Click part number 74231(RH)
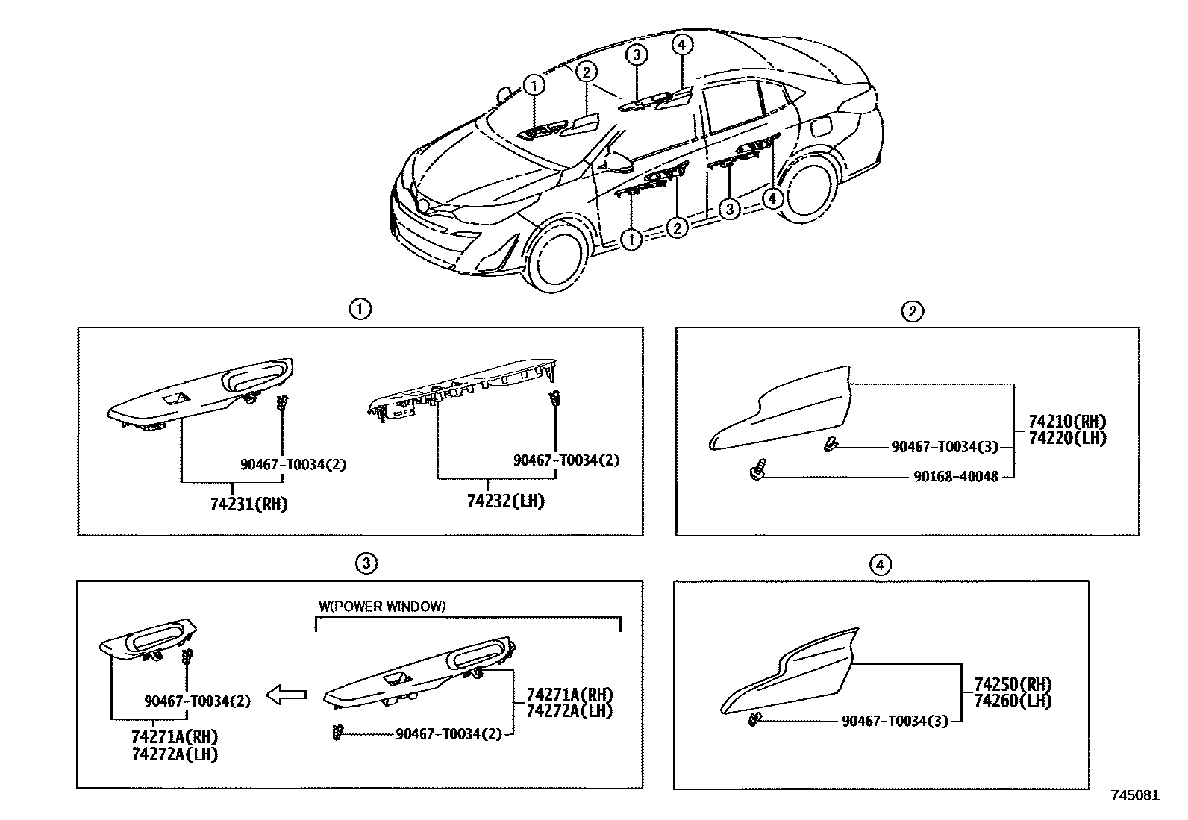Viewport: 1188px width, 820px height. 248,504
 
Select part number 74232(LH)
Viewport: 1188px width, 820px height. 506,501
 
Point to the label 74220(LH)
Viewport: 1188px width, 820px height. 1067,439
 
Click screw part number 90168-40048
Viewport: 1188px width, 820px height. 955,476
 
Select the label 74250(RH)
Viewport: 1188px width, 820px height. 1013,685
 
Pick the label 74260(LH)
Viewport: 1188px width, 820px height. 1013,701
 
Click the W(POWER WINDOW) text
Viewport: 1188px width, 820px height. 382,607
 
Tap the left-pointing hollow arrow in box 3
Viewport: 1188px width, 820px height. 287,695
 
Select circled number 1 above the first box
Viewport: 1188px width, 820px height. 360,309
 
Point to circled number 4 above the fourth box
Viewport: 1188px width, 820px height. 881,565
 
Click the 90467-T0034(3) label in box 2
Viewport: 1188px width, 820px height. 945,447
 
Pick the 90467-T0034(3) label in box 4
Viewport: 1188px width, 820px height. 895,722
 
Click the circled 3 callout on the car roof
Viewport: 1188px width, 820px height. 635,54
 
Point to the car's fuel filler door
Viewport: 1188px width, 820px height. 818,126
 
